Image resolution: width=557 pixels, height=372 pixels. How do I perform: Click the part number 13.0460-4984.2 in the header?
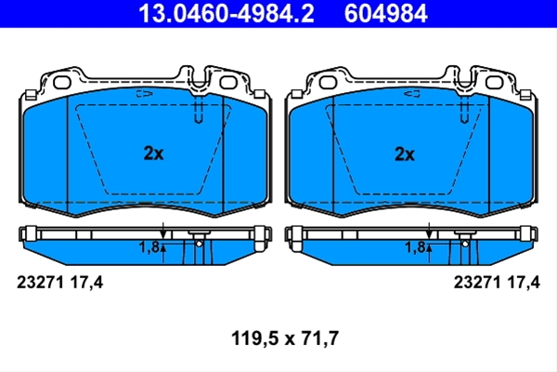(227, 14)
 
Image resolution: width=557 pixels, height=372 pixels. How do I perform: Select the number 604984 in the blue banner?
(386, 14)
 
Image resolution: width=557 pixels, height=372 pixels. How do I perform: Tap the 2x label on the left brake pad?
(153, 153)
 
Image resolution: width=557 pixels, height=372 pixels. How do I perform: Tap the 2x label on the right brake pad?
(405, 154)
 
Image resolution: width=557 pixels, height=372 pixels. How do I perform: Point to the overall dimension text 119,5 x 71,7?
(285, 338)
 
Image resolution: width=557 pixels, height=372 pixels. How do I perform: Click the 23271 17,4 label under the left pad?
(60, 283)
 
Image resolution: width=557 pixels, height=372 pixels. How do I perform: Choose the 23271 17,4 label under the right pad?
(497, 283)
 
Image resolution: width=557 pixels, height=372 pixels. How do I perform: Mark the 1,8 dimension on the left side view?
(149, 247)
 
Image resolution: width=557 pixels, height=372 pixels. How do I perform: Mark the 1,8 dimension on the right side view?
(415, 247)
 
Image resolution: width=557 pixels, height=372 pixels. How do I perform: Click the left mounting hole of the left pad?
(62, 82)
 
